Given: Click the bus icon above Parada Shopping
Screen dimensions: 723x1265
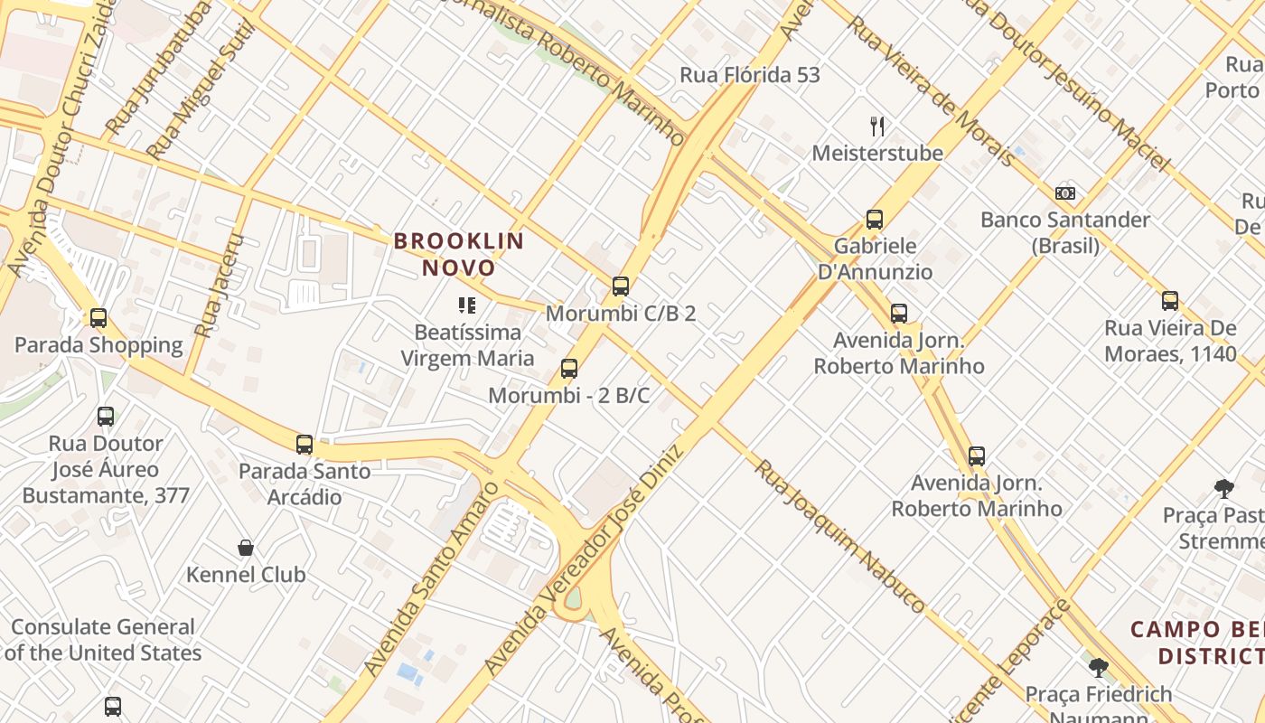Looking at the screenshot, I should (98, 318).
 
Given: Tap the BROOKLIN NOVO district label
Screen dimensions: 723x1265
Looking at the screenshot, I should (459, 254).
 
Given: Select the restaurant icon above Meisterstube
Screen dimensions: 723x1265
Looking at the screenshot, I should (876, 126).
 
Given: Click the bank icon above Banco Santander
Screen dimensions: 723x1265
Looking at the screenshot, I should (1065, 192).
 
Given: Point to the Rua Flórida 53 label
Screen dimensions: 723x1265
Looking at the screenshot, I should (750, 75).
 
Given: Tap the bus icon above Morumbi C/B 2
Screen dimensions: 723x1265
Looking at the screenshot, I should (620, 286).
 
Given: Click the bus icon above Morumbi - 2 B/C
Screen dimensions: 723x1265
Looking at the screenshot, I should (568, 369).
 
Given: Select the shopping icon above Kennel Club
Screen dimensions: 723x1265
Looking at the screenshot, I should (245, 548).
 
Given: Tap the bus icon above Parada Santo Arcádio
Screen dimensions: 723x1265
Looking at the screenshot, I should (305, 445).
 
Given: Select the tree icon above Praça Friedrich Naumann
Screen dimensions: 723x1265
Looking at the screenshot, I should (1098, 668).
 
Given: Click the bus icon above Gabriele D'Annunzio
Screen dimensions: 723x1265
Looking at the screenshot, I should (874, 219).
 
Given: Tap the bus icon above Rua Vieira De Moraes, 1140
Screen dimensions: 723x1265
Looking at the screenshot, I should (1170, 301).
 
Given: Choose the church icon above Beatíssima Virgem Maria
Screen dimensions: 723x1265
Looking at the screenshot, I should (467, 305).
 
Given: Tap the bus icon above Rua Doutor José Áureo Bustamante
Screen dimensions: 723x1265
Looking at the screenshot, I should (106, 417).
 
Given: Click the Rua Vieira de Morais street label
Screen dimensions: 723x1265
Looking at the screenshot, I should (931, 90).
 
